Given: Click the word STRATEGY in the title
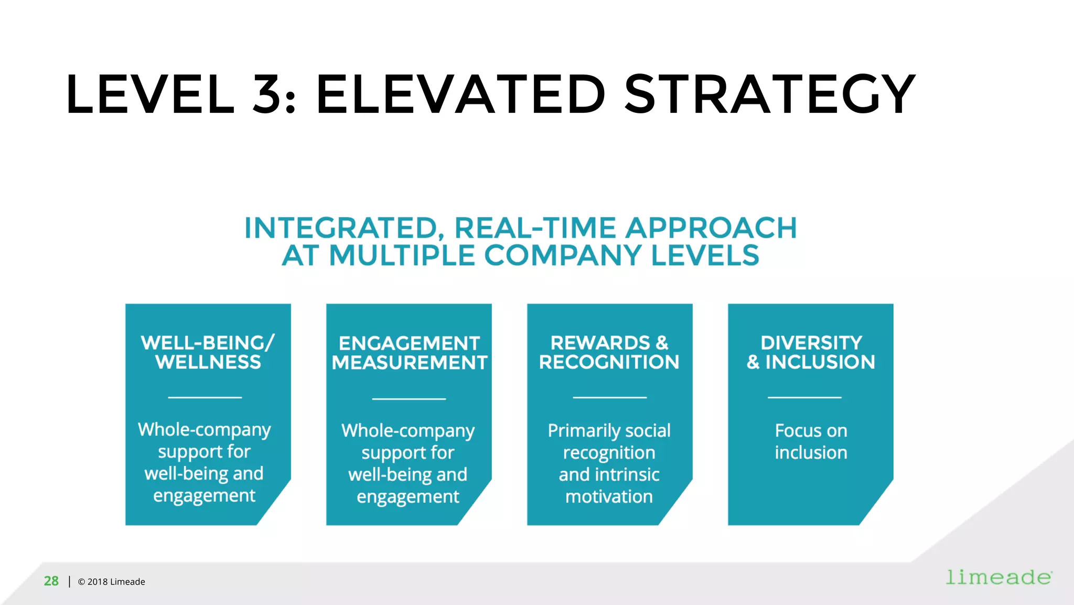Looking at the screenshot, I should pyautogui.click(x=769, y=94).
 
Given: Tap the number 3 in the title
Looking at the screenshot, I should pyautogui.click(x=267, y=94).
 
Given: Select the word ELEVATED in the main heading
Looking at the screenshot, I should pyautogui.click(x=460, y=94).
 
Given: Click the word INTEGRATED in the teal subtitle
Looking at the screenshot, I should pyautogui.click(x=340, y=228).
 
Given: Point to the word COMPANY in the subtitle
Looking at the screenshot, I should pyautogui.click(x=562, y=256).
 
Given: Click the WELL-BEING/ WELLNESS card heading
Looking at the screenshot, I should pyautogui.click(x=208, y=352).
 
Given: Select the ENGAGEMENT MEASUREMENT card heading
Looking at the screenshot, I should pyautogui.click(x=409, y=353).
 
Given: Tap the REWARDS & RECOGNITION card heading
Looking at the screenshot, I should pyautogui.click(x=609, y=352).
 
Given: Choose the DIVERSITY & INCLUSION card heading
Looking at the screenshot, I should pyautogui.click(x=811, y=352).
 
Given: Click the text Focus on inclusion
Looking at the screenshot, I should pyautogui.click(x=811, y=441).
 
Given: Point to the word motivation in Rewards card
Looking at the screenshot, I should pyautogui.click(x=609, y=496).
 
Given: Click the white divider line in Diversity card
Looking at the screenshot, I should pyautogui.click(x=804, y=397).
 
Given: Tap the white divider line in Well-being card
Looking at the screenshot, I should pyautogui.click(x=205, y=397).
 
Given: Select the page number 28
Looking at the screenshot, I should pyautogui.click(x=51, y=581).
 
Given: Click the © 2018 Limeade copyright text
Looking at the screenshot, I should pyautogui.click(x=111, y=581).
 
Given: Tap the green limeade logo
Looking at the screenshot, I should pyautogui.click(x=998, y=577).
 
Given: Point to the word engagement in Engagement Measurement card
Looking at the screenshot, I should pyautogui.click(x=408, y=497).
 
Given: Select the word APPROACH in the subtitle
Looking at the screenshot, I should pyautogui.click(x=711, y=228).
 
